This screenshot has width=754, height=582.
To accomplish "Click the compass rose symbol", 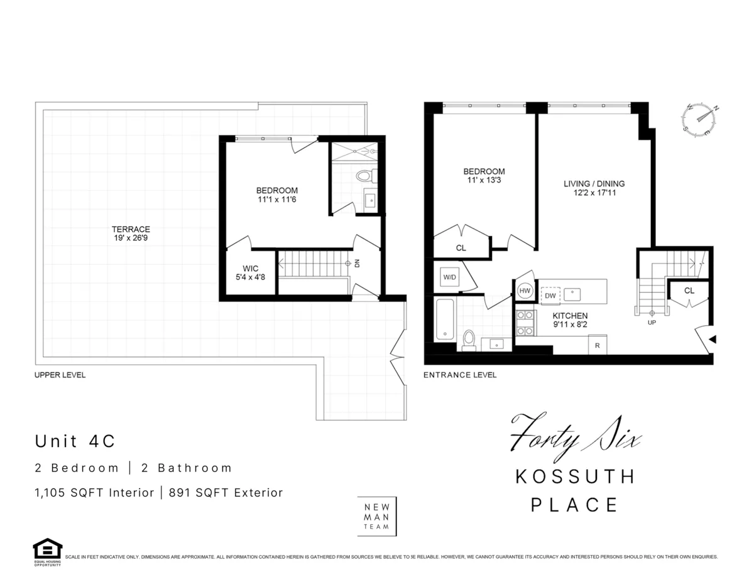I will pyautogui.click(x=701, y=120).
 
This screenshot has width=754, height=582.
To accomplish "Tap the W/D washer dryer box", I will pyautogui.click(x=450, y=276).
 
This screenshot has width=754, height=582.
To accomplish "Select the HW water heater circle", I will pyautogui.click(x=525, y=291).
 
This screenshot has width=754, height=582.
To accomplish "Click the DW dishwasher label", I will pyautogui.click(x=550, y=295).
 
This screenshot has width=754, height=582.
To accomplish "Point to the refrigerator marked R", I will pyautogui.click(x=597, y=345).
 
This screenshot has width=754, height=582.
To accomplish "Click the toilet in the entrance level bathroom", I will pyautogui.click(x=468, y=339).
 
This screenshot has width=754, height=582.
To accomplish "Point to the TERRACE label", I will pyautogui.click(x=131, y=229).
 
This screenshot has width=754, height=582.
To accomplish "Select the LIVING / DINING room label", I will pyautogui.click(x=594, y=184).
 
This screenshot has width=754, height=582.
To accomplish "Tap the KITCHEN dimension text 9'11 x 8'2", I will pyautogui.click(x=570, y=325).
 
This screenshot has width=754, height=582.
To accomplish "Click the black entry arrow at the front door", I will pyautogui.click(x=712, y=340).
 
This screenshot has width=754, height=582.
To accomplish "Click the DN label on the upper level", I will pyautogui.click(x=357, y=264).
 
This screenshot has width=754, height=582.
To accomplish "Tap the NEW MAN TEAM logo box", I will pyautogui.click(x=377, y=516).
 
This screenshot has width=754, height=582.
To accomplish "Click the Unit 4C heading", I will pyautogui.click(x=75, y=441).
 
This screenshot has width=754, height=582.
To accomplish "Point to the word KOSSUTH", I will pyautogui.click(x=575, y=477).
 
